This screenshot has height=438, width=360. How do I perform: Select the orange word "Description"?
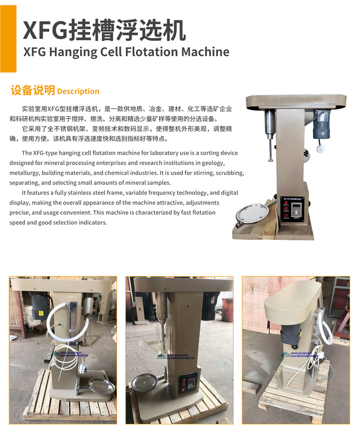tap(78, 91)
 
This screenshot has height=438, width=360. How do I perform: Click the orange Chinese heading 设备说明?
tap(33, 90)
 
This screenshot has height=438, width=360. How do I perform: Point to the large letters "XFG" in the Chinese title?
tap(46, 31)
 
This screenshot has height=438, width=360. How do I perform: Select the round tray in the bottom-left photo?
tap(102, 386)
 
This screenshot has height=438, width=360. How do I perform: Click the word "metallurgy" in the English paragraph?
tap(26, 173)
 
